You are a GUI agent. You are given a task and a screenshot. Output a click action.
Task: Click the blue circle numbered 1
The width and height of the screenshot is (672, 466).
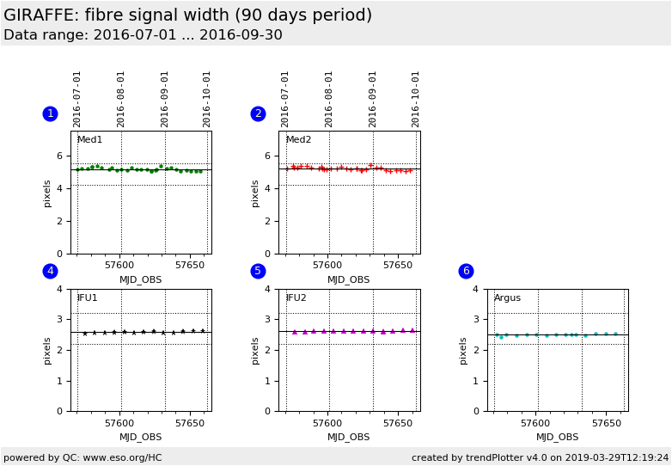coord(50,113)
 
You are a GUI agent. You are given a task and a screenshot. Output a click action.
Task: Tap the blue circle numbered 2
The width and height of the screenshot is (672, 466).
coord(258,113)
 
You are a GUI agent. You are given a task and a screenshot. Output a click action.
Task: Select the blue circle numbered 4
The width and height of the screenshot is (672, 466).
coord(50,271)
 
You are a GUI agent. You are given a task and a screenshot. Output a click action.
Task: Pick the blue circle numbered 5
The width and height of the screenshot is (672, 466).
coord(258,271)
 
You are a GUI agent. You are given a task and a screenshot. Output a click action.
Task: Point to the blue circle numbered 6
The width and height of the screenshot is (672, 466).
coord(466,271)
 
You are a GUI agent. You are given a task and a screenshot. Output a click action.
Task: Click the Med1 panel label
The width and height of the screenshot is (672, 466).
coord(89,140)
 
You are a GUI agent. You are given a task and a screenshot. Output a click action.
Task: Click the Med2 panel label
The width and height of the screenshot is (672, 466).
coord(298,140)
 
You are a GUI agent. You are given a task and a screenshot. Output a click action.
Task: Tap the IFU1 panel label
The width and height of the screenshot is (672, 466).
coord(87,298)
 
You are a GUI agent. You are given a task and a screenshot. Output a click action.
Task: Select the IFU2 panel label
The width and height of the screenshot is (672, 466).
coord(296,298)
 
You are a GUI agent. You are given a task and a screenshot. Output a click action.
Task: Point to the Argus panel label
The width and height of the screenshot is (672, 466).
coord(507,298)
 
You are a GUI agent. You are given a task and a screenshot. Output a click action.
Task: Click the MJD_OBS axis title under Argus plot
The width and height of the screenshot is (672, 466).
coord(557,438)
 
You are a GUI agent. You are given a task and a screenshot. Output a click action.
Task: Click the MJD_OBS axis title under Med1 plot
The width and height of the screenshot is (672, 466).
coord(140,279)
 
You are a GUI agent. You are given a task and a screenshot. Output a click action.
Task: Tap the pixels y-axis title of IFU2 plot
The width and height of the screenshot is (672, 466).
coord(256,350)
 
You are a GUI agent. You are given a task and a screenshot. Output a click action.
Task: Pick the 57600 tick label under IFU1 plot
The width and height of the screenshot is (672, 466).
coord(119,424)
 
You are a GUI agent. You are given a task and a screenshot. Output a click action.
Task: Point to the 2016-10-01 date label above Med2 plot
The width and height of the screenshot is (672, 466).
coord(416,99)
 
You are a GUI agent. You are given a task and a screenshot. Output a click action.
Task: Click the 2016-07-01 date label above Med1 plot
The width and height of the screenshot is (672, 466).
coord(77,99)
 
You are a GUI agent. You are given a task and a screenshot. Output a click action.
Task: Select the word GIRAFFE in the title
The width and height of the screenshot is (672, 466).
coord(41,15)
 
